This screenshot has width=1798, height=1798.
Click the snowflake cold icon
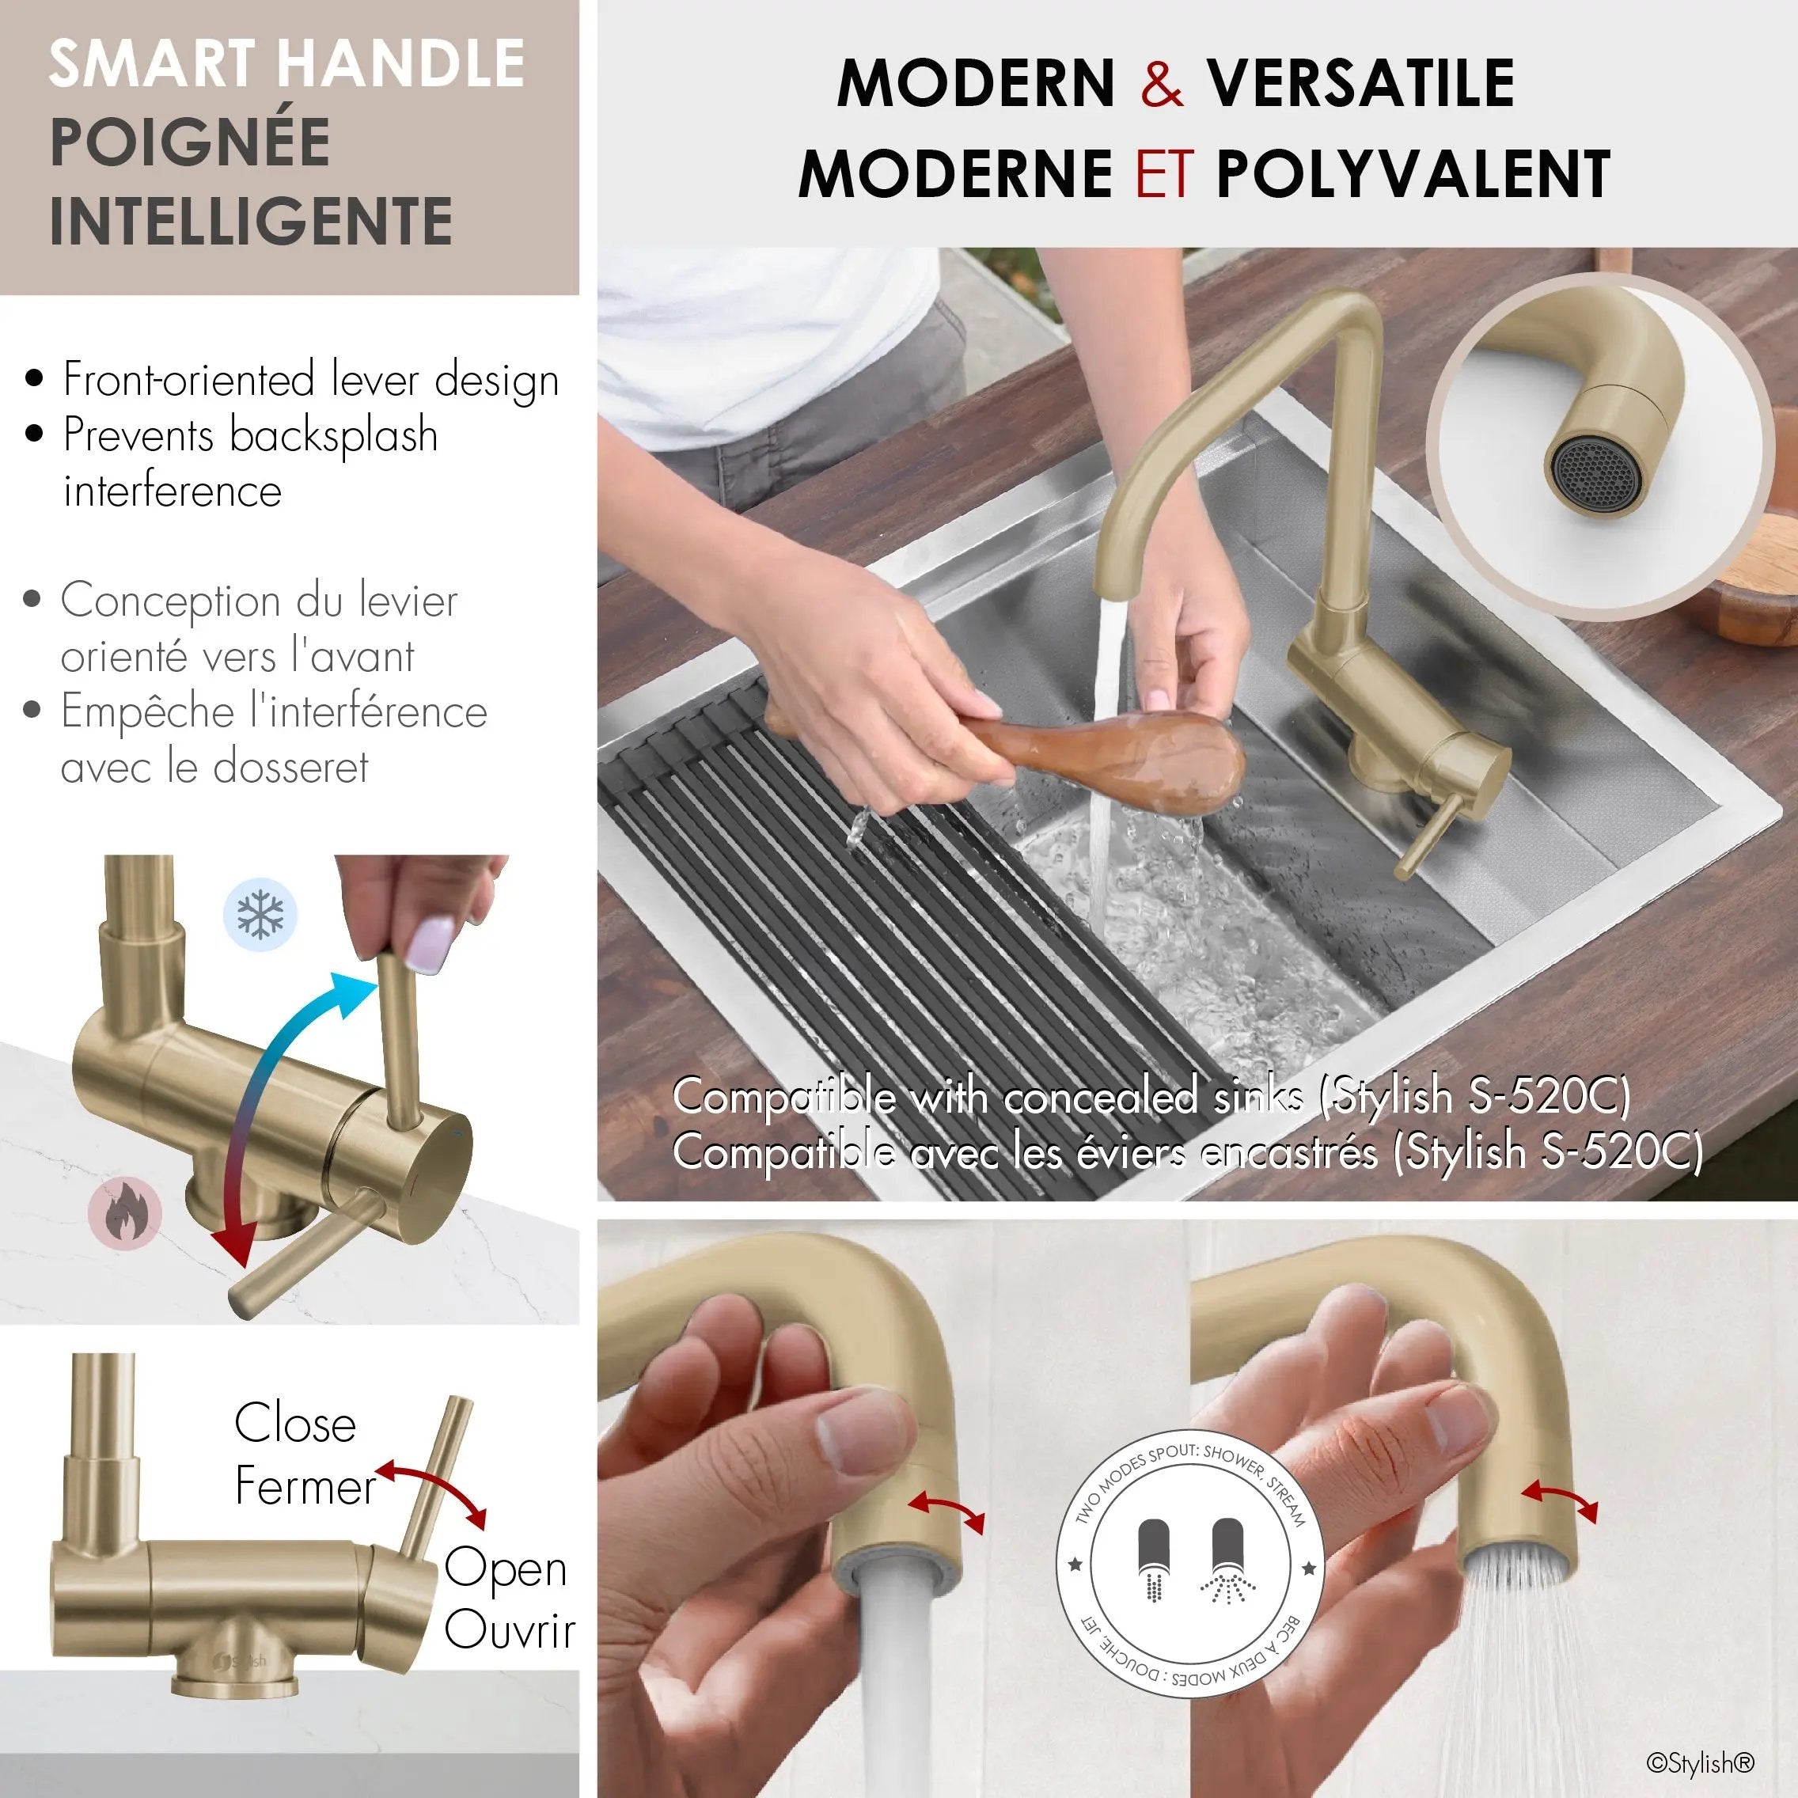[260, 914]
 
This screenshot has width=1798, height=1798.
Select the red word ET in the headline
[1163, 173]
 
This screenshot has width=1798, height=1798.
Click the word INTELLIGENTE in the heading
[252, 221]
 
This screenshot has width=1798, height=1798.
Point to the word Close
[295, 1423]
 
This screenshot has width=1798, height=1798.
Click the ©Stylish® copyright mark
[1701, 1762]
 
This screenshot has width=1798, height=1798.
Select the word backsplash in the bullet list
[333, 435]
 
